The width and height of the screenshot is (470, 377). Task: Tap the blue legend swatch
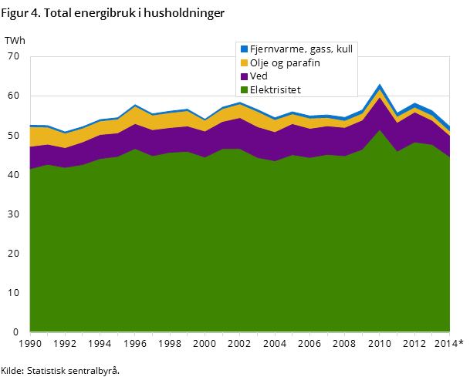244,49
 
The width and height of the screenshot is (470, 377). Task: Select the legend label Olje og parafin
284,62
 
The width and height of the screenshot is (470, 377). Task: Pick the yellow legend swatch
244,62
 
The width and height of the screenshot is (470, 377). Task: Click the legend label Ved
259,76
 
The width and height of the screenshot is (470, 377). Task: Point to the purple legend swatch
244,76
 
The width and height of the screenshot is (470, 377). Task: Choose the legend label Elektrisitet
275,90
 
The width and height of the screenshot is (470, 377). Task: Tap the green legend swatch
244,90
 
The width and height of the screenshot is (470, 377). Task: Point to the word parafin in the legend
303,62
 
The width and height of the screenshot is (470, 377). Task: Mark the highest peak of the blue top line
380,85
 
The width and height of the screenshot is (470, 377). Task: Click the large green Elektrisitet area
232,247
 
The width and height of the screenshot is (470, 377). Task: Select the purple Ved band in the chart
232,134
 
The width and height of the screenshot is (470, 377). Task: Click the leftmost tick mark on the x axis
30,334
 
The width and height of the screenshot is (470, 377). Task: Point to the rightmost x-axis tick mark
449,334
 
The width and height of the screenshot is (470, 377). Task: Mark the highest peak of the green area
380,130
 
